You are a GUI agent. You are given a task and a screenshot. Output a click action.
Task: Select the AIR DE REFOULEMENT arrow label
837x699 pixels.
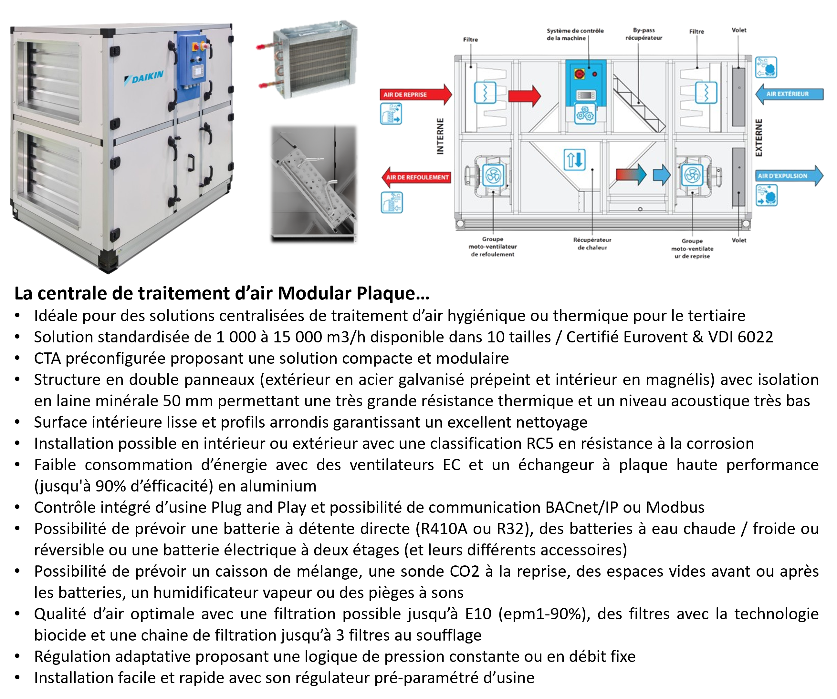pos(416,177)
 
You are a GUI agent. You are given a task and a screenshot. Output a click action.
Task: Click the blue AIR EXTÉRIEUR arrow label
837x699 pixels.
pos(788,94)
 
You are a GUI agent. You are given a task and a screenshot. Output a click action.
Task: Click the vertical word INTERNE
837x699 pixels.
pos(440,136)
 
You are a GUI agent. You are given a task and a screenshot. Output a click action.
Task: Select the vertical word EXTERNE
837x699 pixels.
pos(759,138)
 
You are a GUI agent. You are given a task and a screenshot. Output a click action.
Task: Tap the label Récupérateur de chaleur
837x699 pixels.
pos(592,244)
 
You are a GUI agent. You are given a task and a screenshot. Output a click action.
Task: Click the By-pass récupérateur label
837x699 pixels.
pos(644,34)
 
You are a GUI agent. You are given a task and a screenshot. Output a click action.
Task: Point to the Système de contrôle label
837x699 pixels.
pos(575,34)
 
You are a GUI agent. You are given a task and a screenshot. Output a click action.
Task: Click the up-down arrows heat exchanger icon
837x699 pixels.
pos(574,159)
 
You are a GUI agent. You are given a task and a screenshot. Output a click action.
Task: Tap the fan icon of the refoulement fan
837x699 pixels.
pos(493,175)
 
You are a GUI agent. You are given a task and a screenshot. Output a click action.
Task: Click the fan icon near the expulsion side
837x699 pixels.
pos(692,175)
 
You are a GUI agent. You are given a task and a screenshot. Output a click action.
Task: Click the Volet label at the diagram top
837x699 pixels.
pos(739,30)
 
